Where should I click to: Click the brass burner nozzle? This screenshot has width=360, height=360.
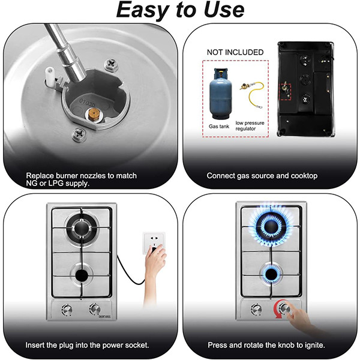pos(92,114)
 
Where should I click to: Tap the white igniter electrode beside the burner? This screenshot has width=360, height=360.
pos(50,75)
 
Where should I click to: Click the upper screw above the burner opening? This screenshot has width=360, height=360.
pos(112,64)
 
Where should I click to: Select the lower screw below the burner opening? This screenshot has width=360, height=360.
pos(79,134)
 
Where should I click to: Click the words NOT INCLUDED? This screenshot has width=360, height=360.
pos(235,52)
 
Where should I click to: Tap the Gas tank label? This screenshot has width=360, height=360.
pos(219,126)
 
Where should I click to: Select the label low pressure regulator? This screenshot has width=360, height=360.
pos(250,125)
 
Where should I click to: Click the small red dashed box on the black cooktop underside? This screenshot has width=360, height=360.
pos(285,92)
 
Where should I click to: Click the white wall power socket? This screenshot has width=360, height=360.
pos(154,243)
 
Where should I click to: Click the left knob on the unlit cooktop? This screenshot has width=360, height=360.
pos(67,310)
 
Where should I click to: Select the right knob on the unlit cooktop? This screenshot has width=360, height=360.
pos(95,309)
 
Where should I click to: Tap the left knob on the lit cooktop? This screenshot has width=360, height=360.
pos(256,309)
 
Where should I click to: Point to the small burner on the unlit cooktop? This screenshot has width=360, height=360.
pos(82,275)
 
